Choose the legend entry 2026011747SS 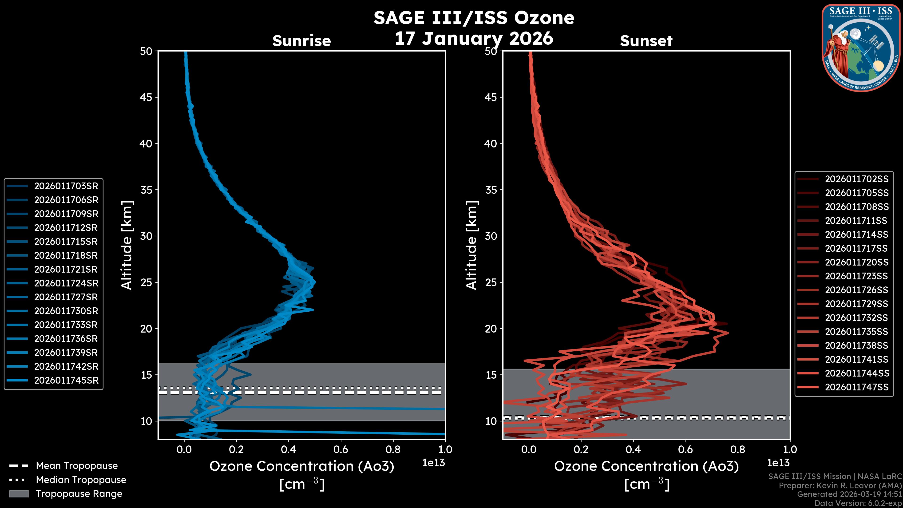[856, 387]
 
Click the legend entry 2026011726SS [856, 290]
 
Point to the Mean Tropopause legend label [77, 466]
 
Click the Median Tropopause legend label [81, 480]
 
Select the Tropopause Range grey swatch [19, 494]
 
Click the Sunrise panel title [301, 41]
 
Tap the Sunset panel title [646, 41]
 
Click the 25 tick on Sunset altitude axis [491, 282]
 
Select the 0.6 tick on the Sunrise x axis [341, 449]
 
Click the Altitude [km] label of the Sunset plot [471, 245]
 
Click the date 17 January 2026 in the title [474, 38]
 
